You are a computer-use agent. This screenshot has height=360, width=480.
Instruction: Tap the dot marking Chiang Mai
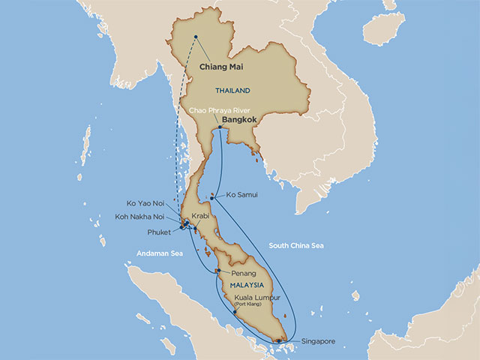(x=196, y=37)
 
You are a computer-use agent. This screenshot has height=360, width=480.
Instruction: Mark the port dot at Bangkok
(x=218, y=128)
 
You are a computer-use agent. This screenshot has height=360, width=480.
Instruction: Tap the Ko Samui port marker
(x=213, y=198)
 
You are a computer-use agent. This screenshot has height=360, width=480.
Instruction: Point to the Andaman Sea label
(x=161, y=253)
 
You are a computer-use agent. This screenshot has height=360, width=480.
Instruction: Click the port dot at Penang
(x=217, y=271)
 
